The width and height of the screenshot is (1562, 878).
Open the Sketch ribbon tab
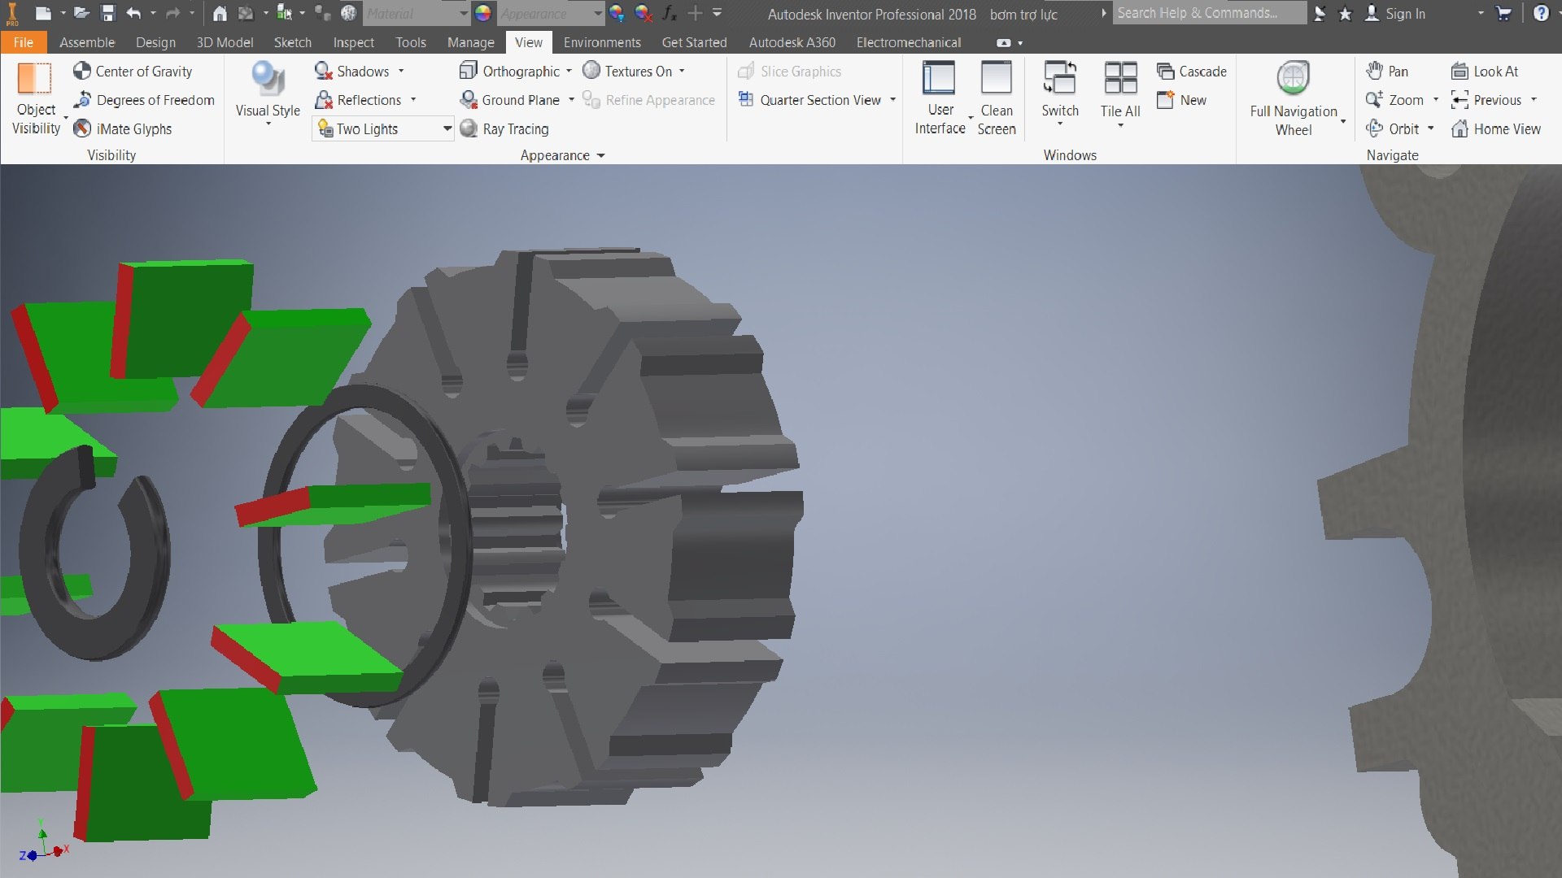(x=292, y=42)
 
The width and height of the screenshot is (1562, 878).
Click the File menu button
(x=23, y=42)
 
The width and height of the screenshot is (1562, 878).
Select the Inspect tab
(x=353, y=42)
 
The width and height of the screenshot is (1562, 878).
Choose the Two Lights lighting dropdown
(x=382, y=128)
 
